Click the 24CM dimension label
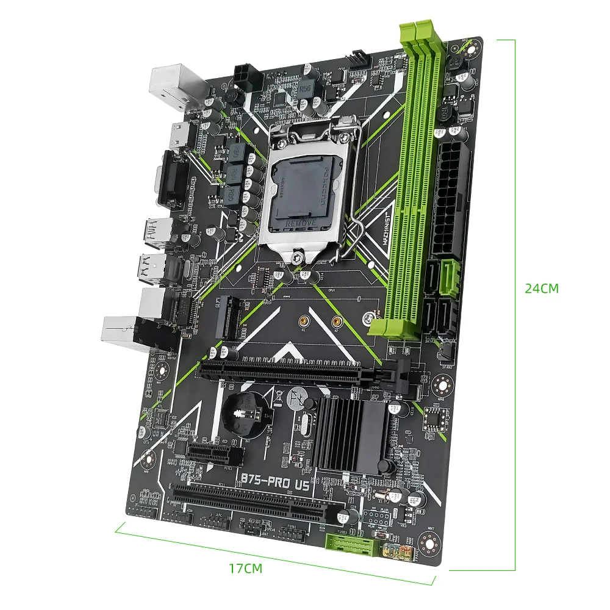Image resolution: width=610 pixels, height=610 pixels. tap(542, 289)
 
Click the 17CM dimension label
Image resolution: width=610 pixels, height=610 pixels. tap(245, 569)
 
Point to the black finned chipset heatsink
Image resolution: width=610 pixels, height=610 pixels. tap(354, 432)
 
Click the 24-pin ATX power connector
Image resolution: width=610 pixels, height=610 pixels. tap(452, 202)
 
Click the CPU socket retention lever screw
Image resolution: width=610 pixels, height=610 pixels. tap(297, 258)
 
